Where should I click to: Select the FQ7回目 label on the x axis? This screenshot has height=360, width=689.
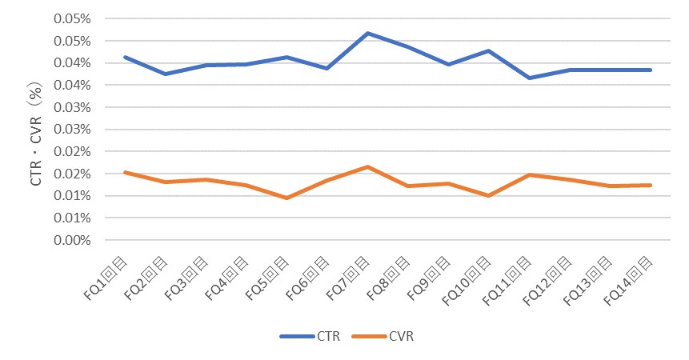[x=348, y=277]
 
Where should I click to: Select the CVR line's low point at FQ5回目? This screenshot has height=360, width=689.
[x=286, y=198]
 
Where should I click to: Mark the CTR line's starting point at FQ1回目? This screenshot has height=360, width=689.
[x=125, y=57]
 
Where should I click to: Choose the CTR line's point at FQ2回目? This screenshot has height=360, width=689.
[x=165, y=74]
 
